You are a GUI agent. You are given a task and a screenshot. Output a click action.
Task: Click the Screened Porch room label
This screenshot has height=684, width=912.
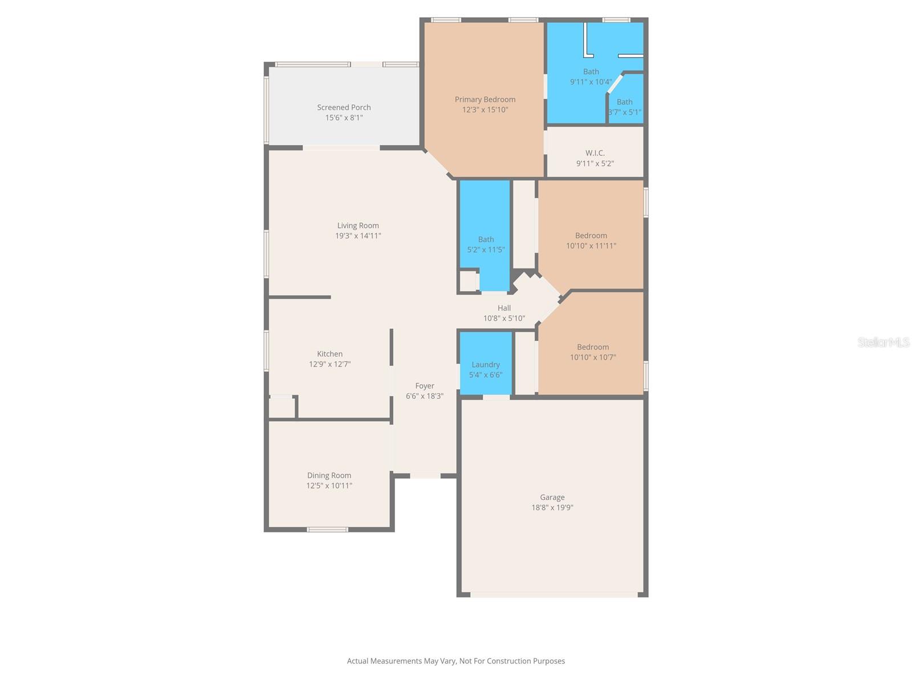[x=344, y=107]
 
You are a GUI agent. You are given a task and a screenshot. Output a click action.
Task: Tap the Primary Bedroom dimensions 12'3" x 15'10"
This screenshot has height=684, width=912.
[x=485, y=109]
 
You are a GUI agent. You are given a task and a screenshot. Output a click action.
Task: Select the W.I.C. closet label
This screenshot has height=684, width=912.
[x=595, y=153]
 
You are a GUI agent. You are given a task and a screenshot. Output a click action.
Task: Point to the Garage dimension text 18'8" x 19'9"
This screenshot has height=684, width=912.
[x=552, y=507]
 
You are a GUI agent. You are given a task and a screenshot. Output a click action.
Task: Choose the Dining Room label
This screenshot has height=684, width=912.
[x=329, y=475]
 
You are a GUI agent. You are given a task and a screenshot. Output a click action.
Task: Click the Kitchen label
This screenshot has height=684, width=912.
[x=329, y=354]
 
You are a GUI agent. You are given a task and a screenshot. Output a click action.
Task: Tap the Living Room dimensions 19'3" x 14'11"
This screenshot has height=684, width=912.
[x=358, y=235]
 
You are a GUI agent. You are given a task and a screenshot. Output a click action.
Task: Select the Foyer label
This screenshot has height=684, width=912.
[x=425, y=386]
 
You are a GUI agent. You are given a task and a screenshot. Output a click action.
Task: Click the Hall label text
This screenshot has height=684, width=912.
[x=504, y=308]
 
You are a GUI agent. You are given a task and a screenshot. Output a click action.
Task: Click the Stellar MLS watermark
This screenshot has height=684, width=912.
[x=883, y=342]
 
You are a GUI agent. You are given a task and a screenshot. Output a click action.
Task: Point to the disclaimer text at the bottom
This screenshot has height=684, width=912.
[x=456, y=661]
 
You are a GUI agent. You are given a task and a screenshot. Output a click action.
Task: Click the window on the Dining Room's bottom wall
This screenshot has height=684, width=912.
[x=328, y=530]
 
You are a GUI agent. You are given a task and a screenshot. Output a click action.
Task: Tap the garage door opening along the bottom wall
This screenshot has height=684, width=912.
[x=553, y=595]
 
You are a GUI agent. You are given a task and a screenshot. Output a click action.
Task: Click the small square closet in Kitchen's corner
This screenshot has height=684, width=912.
[x=282, y=408]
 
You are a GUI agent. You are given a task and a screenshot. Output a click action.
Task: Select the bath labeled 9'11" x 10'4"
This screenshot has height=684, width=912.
[x=591, y=76]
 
